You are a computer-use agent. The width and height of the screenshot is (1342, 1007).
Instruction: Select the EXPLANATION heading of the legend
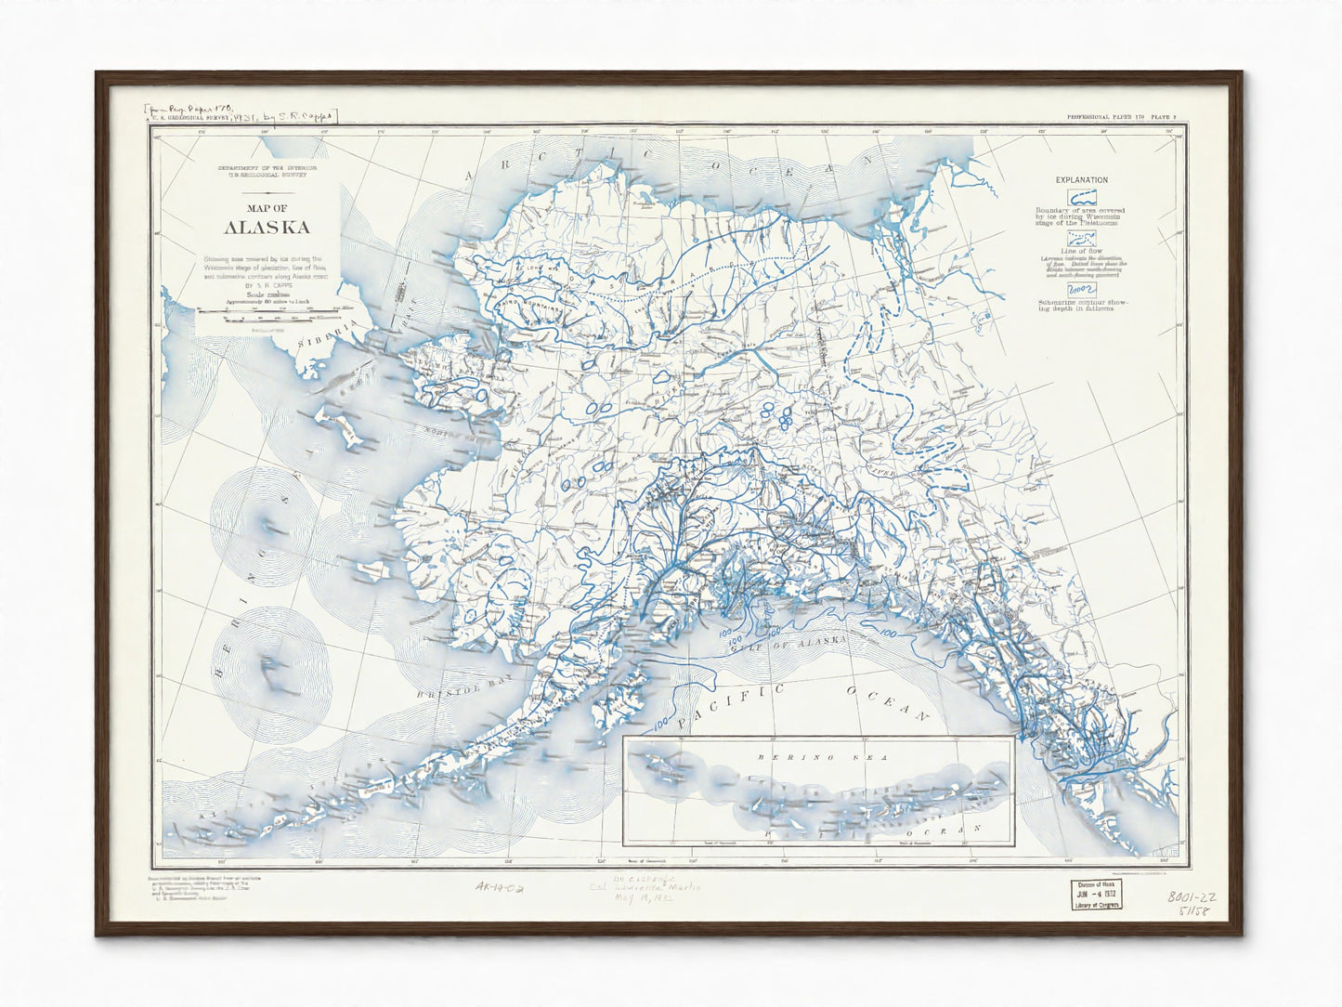coord(1081,179)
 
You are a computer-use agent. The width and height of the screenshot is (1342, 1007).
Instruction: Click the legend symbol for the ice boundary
coord(1080,197)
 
